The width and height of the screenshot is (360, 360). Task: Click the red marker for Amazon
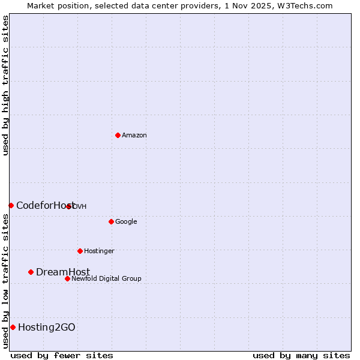click(118, 135)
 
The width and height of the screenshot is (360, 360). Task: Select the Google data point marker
click(111, 221)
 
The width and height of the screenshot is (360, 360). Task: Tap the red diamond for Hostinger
click(80, 251)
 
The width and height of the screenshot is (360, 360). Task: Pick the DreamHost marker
click(31, 272)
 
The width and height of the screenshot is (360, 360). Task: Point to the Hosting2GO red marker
click(13, 327)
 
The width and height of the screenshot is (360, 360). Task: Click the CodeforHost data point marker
click(11, 205)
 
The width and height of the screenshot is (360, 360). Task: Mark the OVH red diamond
click(69, 206)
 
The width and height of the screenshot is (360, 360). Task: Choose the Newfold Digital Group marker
click(67, 278)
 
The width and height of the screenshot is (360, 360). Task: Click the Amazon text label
click(134, 136)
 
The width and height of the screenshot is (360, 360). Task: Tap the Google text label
click(126, 222)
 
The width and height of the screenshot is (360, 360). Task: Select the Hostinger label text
click(99, 251)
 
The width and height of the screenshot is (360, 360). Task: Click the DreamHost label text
click(63, 272)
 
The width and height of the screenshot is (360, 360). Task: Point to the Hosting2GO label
click(47, 328)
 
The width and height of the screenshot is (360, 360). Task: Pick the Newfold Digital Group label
click(106, 279)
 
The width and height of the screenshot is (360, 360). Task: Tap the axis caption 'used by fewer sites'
click(62, 355)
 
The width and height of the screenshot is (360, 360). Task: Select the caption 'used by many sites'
click(301, 355)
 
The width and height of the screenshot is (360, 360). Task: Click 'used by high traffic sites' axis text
click(6, 85)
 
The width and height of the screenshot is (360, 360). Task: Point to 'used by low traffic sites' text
click(6, 281)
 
